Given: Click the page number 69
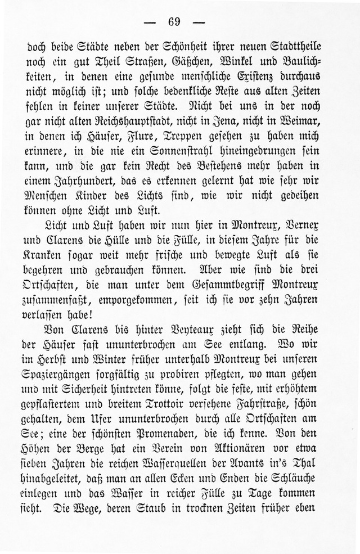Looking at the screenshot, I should (x=174, y=22).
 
